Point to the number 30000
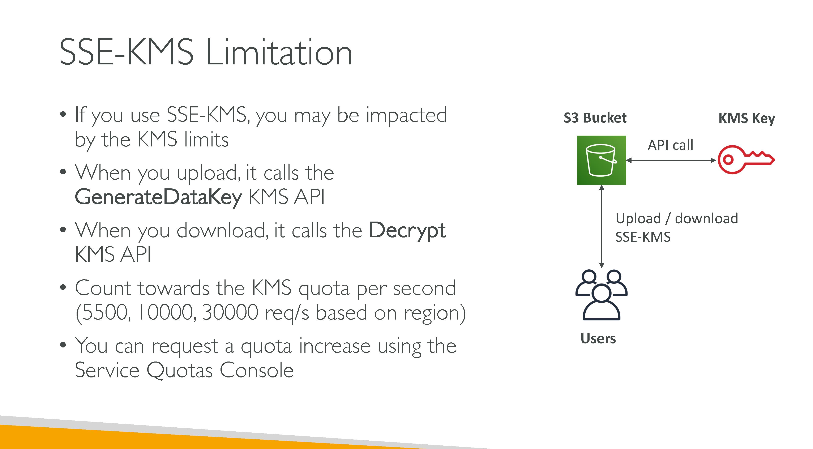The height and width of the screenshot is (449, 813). [230, 313]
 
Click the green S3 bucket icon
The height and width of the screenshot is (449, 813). [601, 160]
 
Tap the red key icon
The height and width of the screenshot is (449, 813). [746, 159]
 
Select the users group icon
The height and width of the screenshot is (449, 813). [602, 295]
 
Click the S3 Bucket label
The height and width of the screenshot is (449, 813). [595, 118]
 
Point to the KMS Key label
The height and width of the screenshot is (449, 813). [747, 119]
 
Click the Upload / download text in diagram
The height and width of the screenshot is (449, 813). [677, 219]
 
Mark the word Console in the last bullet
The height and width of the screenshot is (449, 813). [257, 370]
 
